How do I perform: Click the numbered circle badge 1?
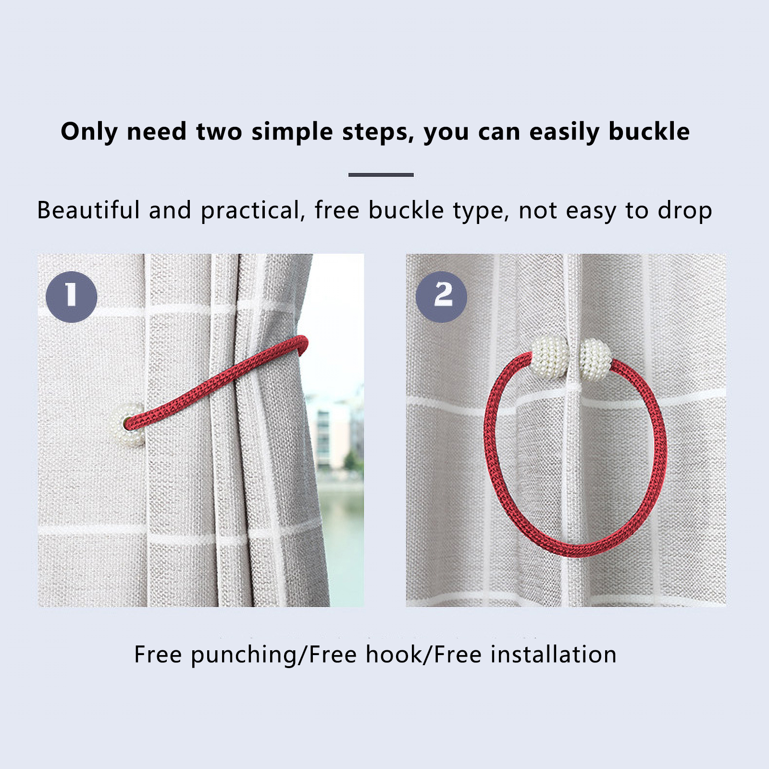pyautogui.click(x=72, y=297)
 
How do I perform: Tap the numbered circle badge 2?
pyautogui.click(x=441, y=297)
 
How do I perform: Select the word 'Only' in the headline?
pyautogui.click(x=89, y=132)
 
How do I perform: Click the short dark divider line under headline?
pyautogui.click(x=381, y=175)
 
